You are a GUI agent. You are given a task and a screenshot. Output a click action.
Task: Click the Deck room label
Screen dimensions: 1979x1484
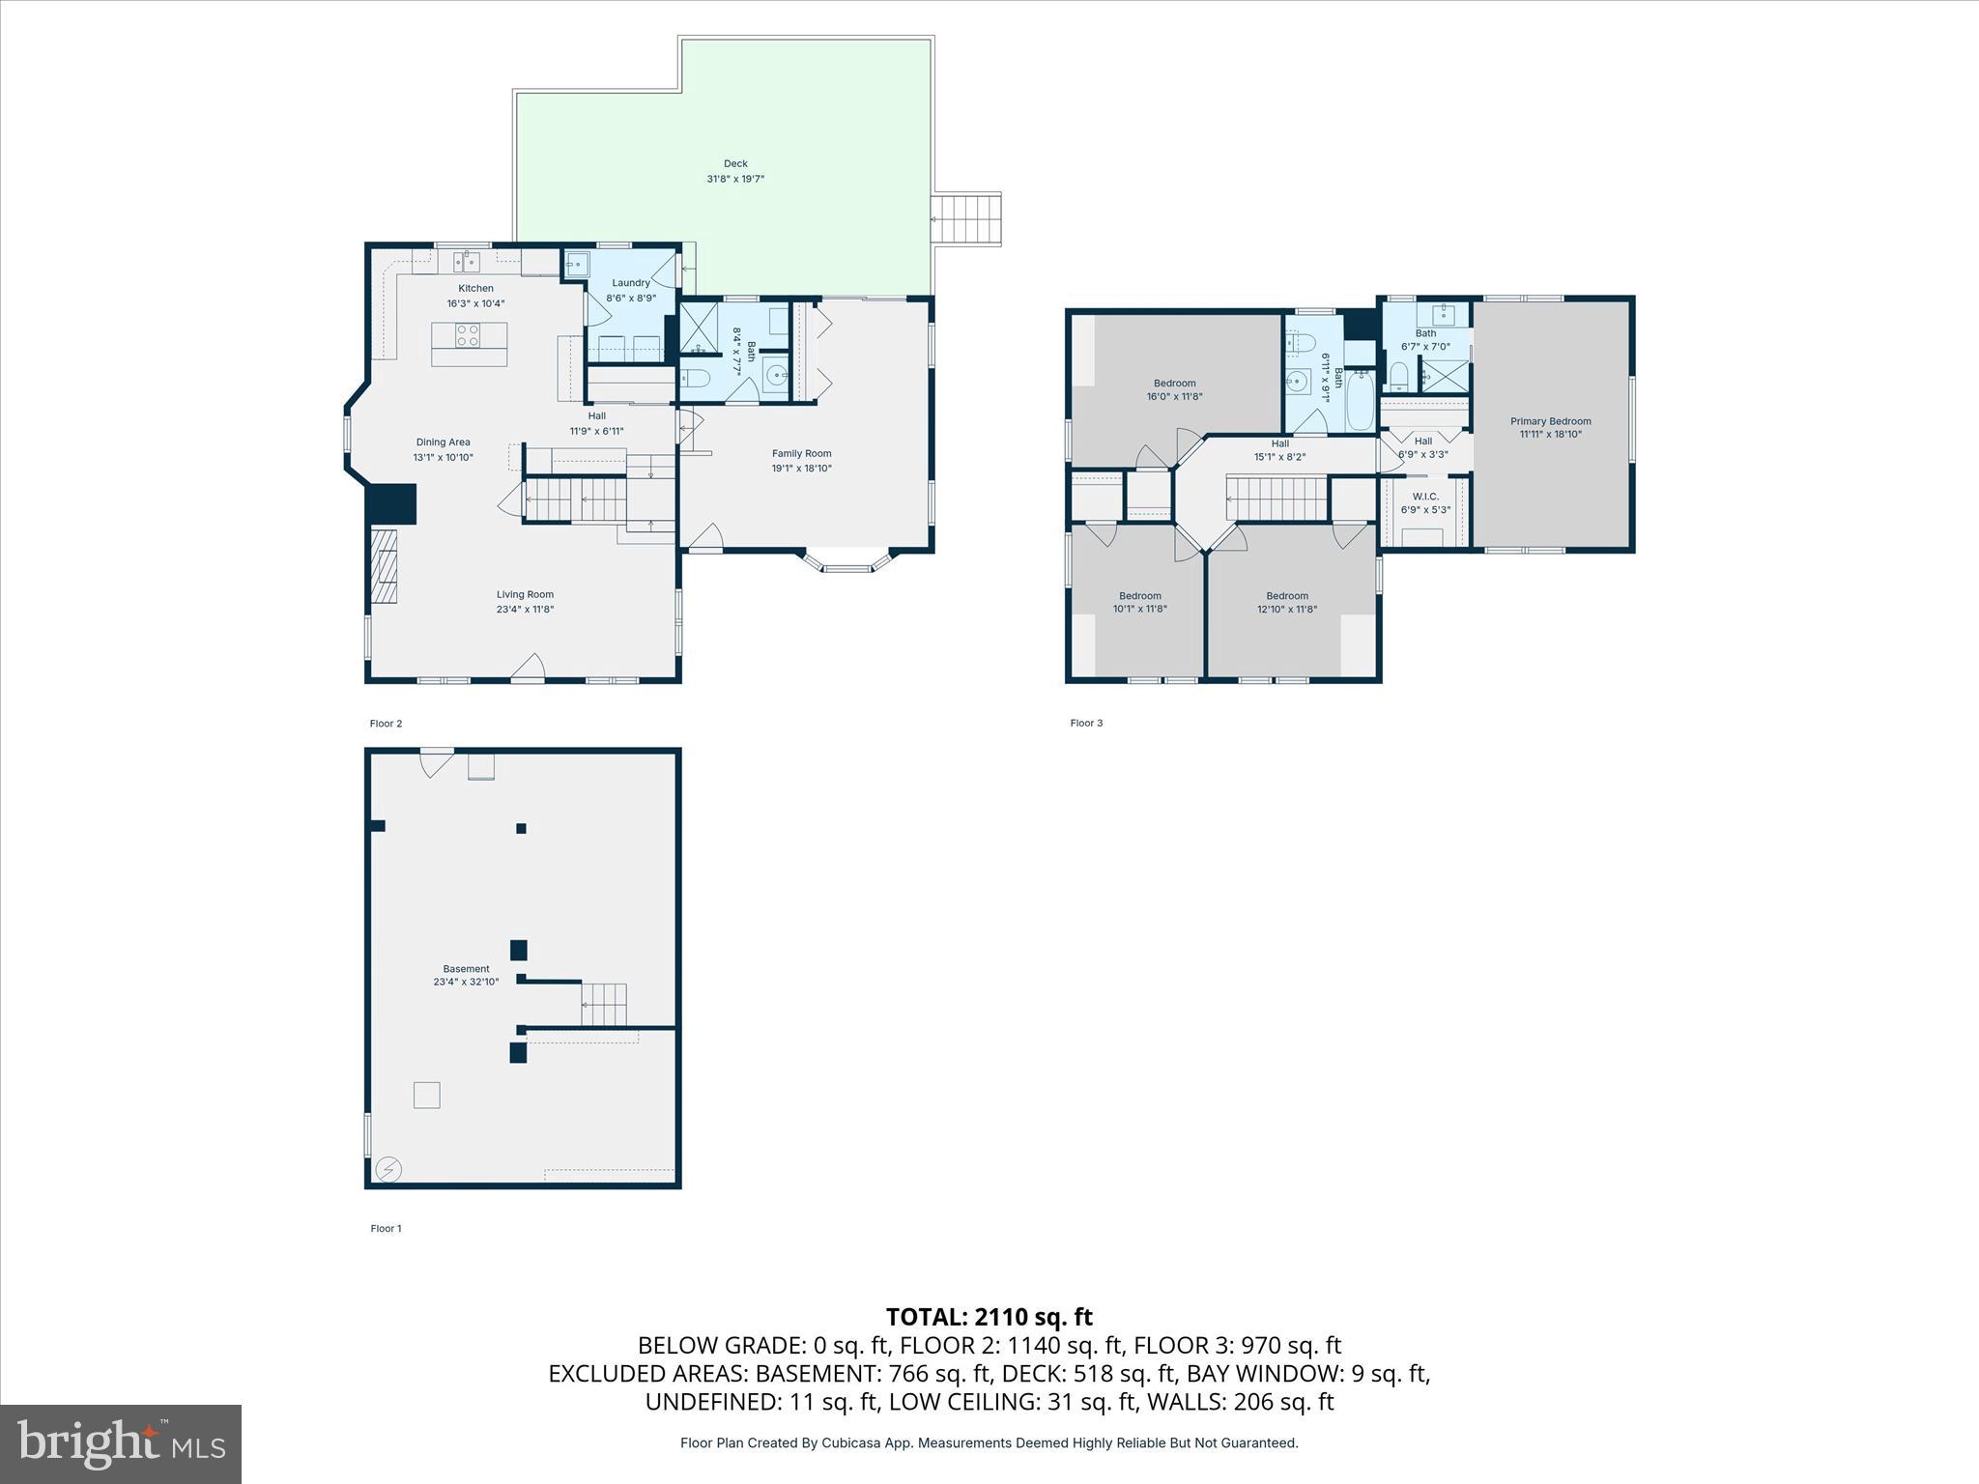pyautogui.click(x=736, y=164)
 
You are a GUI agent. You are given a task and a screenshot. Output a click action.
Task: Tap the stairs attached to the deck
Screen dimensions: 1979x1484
pyautogui.click(x=966, y=220)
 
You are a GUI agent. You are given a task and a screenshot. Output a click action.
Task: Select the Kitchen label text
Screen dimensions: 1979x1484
pyautogui.click(x=475, y=289)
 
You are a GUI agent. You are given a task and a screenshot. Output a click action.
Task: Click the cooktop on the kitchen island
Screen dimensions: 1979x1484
pyautogui.click(x=468, y=335)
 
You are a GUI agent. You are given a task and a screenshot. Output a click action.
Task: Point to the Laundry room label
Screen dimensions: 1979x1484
pyautogui.click(x=631, y=283)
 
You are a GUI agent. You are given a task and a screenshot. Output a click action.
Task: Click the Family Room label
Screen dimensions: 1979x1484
pyautogui.click(x=801, y=453)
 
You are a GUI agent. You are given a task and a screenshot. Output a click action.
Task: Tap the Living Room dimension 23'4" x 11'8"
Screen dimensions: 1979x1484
pyautogui.click(x=526, y=610)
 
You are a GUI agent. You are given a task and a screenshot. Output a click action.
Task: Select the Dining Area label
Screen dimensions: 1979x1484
pyautogui.click(x=444, y=442)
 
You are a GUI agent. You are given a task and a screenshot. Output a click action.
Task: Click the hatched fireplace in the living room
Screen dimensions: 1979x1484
pyautogui.click(x=385, y=566)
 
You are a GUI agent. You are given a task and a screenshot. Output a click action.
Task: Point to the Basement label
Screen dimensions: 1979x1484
pyautogui.click(x=467, y=969)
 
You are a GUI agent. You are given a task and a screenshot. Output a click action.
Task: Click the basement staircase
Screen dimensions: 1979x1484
pyautogui.click(x=604, y=1005)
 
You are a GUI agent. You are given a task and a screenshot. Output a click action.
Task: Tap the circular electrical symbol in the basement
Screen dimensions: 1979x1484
pyautogui.click(x=388, y=1170)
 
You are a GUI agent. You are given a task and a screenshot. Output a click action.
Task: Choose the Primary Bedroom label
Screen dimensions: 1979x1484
pyautogui.click(x=1551, y=421)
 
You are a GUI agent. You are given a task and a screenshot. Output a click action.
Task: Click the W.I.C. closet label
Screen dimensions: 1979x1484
pyautogui.click(x=1425, y=497)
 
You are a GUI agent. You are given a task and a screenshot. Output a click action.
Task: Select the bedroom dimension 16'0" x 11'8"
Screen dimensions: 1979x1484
pyautogui.click(x=1175, y=397)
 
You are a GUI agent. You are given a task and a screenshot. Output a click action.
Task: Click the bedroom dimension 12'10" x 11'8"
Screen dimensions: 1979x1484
pyautogui.click(x=1287, y=610)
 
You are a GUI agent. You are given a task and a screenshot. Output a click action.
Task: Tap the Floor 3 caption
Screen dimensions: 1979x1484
pyautogui.click(x=1086, y=723)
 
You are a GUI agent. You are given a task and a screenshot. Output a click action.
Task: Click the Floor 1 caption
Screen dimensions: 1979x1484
pyautogui.click(x=386, y=1229)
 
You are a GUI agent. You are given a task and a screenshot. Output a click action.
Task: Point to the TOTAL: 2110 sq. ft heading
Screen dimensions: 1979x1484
pyautogui.click(x=989, y=1317)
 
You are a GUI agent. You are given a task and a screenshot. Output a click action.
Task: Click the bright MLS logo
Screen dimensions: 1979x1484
pyautogui.click(x=121, y=1442)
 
